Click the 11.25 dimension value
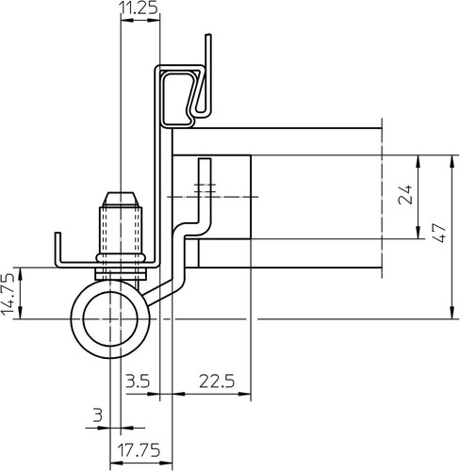139,8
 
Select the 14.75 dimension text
8,295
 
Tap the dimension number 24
405,195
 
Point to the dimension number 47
439,233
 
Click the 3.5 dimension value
138,382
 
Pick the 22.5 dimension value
217,382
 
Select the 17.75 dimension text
139,450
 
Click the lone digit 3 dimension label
98,415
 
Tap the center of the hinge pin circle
110,319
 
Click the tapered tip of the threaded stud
121,200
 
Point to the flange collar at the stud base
121,258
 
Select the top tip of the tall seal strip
208,35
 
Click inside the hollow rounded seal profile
176,98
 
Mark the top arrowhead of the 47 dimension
452,162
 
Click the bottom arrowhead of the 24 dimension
419,233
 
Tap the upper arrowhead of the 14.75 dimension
21,274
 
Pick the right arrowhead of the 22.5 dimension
245,394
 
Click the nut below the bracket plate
121,274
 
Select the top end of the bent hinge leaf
205,160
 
